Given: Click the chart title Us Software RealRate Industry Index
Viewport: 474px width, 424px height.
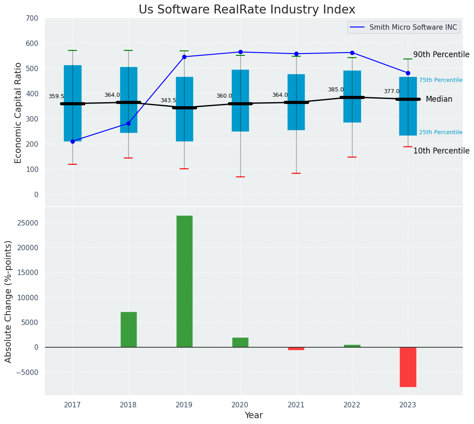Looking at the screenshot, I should pyautogui.click(x=247, y=10).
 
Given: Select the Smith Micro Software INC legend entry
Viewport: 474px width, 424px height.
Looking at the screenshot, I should pyautogui.click(x=413, y=27).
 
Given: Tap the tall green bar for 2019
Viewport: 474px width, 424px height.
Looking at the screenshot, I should pyautogui.click(x=184, y=281).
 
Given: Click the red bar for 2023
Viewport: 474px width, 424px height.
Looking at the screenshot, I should pyautogui.click(x=408, y=366).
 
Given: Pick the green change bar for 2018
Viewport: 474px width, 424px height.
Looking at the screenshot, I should pyautogui.click(x=128, y=329).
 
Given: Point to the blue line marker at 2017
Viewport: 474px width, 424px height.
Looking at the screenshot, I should pyautogui.click(x=72, y=141).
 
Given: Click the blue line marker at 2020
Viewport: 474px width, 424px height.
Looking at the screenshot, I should pyautogui.click(x=240, y=52).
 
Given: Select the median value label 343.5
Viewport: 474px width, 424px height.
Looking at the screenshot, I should pyautogui.click(x=168, y=100).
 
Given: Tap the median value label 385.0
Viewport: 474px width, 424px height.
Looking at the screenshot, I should pyautogui.click(x=336, y=90).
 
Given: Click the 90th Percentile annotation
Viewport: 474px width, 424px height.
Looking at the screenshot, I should pyautogui.click(x=441, y=54).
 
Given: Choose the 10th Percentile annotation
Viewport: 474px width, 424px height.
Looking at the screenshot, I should pyautogui.click(x=441, y=151).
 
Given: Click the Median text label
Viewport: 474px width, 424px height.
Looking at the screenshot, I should pyautogui.click(x=439, y=99).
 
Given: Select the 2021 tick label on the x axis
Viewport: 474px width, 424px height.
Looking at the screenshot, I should pyautogui.click(x=296, y=405).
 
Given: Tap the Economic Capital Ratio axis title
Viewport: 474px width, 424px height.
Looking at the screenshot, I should pyautogui.click(x=18, y=113).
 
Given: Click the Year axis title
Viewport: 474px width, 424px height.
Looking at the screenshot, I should pyautogui.click(x=254, y=415).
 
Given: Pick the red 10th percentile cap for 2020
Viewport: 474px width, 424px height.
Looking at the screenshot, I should pyautogui.click(x=240, y=177).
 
